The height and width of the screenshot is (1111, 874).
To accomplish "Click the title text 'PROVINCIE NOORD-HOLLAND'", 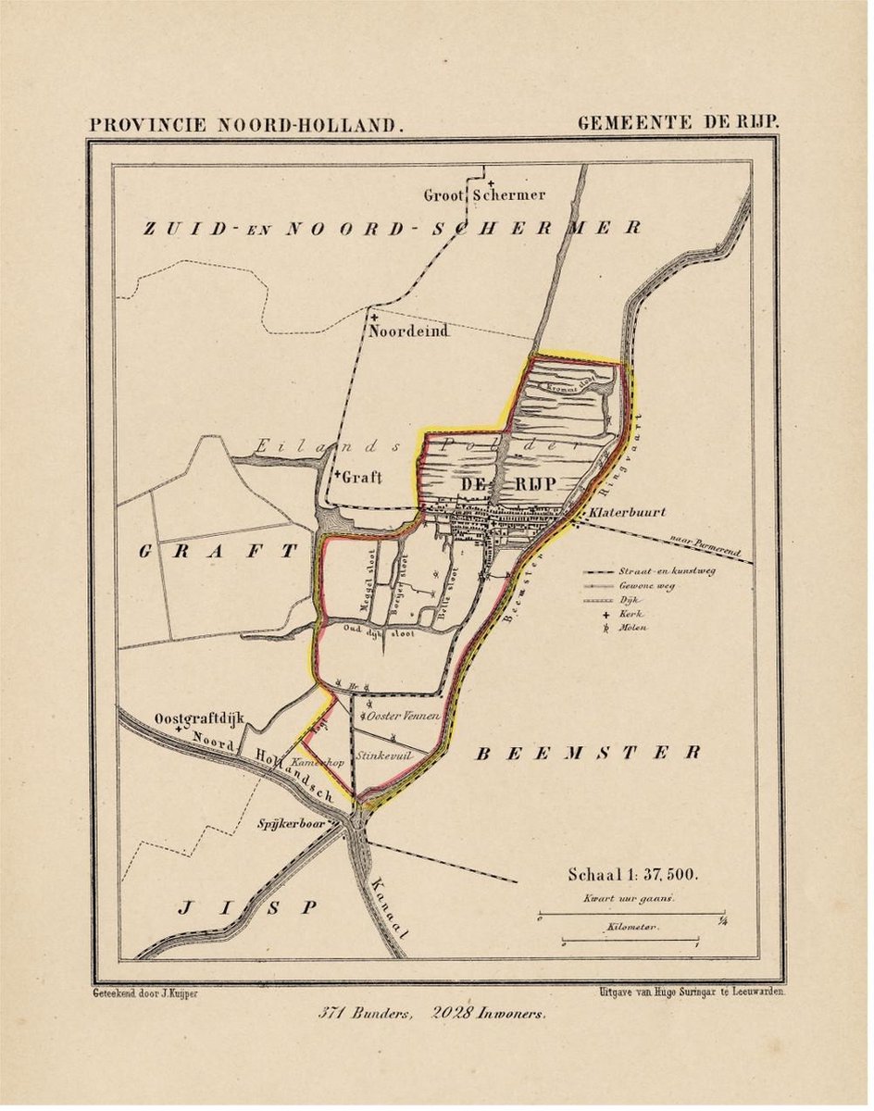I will click(x=245, y=123).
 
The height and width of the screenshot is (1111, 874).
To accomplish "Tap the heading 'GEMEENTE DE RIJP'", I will click(x=679, y=122).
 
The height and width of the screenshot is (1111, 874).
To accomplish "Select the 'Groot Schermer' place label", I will click(x=484, y=195).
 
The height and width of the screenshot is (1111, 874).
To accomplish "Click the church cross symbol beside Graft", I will click(x=337, y=474).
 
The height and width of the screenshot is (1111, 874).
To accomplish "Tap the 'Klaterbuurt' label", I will click(x=625, y=512).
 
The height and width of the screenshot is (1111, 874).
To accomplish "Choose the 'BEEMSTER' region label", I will click(x=588, y=753).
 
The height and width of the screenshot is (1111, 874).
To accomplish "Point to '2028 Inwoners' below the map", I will click(x=489, y=1013).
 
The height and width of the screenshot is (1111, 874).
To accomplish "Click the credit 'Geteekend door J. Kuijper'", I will click(x=145, y=992).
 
